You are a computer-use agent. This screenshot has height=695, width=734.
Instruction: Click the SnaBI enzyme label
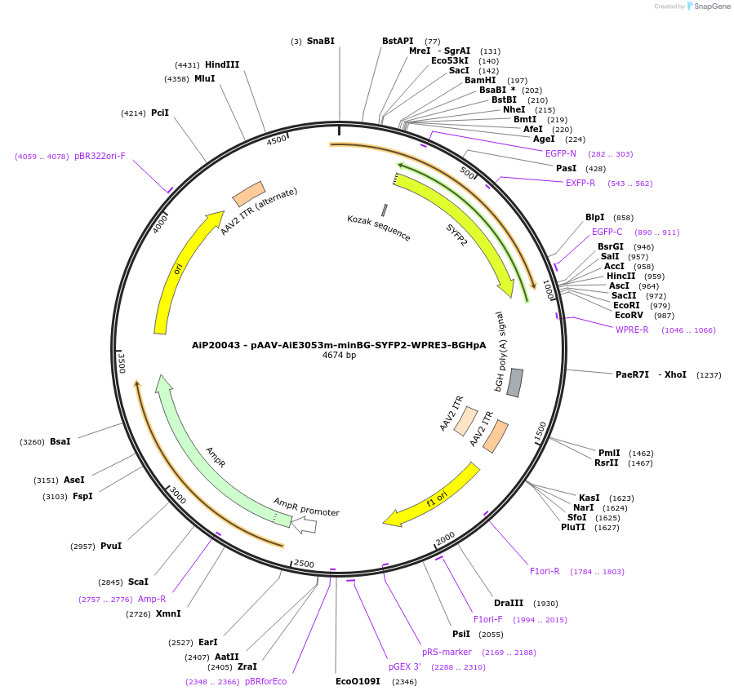click(x=320, y=41)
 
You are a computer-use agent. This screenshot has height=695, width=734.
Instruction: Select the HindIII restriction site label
click(x=222, y=64)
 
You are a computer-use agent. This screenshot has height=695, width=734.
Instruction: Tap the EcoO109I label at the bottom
click(x=358, y=681)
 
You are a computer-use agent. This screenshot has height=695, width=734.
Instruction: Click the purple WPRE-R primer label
click(x=632, y=330)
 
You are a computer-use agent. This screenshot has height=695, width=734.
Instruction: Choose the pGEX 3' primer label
click(x=404, y=666)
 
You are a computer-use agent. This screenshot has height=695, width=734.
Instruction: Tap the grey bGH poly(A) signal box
click(x=514, y=383)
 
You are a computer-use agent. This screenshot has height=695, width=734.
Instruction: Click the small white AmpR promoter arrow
click(x=305, y=525)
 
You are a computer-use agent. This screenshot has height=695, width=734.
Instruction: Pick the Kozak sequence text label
click(x=379, y=228)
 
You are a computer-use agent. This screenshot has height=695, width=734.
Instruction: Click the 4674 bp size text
click(x=339, y=355)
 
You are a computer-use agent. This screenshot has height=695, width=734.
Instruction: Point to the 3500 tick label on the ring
click(x=122, y=362)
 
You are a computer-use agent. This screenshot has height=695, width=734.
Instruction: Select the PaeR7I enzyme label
click(x=632, y=374)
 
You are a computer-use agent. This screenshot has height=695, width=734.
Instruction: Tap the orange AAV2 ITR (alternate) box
click(x=248, y=194)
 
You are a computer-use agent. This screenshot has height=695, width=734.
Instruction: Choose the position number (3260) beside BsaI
click(x=33, y=441)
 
